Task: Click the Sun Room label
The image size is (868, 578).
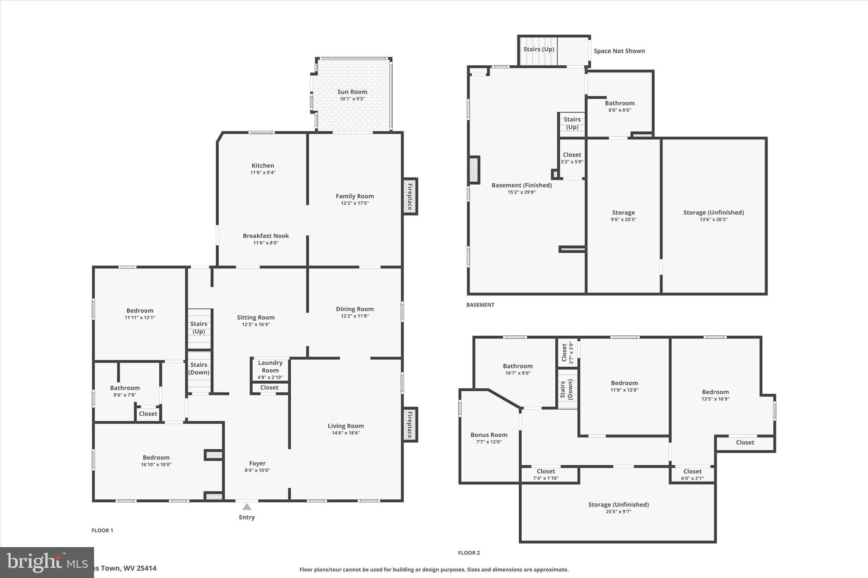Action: (x=352, y=92)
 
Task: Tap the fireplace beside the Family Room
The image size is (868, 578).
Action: (x=410, y=196)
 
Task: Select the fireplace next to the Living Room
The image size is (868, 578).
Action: (x=410, y=425)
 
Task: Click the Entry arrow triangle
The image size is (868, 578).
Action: (x=247, y=507)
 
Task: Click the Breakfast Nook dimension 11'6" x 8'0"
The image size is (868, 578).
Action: (x=266, y=243)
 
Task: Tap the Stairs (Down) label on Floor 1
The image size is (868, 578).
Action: (x=199, y=368)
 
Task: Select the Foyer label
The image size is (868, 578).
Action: (x=257, y=463)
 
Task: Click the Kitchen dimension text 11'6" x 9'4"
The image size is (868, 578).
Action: (x=263, y=173)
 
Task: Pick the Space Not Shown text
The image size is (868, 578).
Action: (x=619, y=51)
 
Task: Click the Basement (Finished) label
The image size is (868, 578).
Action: (x=522, y=185)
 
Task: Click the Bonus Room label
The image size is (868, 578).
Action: (x=489, y=435)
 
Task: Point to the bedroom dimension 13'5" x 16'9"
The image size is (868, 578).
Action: (x=715, y=399)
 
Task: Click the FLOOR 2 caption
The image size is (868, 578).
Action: (x=469, y=553)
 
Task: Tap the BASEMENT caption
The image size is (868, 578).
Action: (x=480, y=305)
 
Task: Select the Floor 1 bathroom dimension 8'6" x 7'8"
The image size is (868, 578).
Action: (x=125, y=395)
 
